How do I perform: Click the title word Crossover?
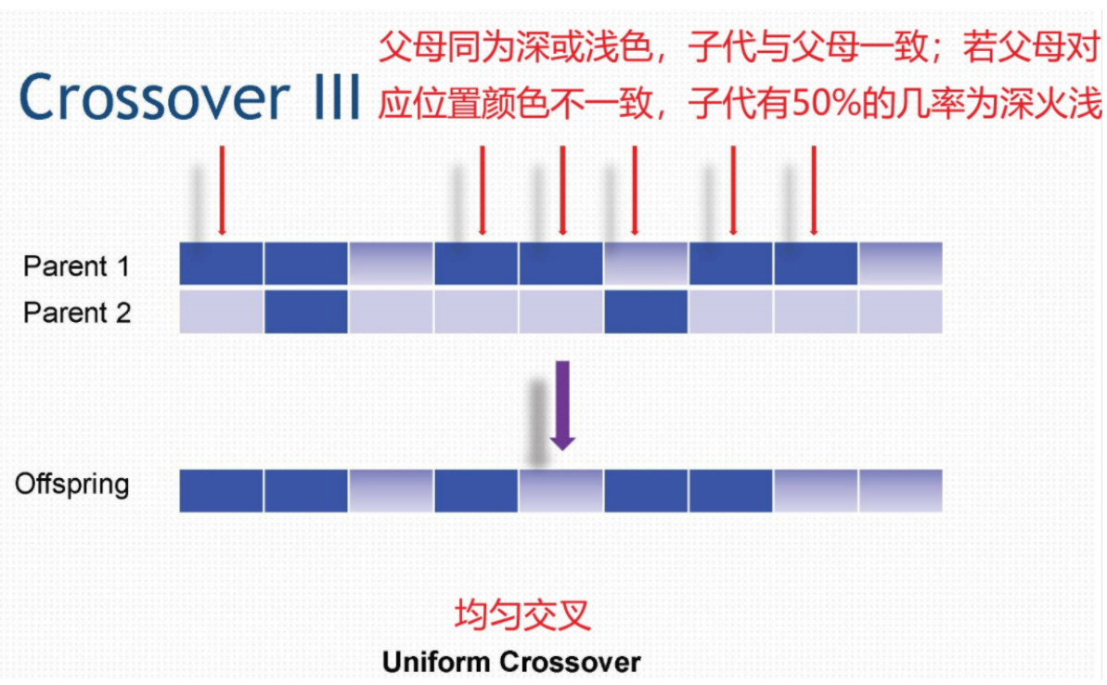[x=154, y=97]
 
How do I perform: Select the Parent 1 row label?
[x=76, y=266]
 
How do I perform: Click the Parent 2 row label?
[x=76, y=312]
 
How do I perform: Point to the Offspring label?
[x=72, y=485]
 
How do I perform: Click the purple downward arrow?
[x=562, y=406]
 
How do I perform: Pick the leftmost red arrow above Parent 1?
[x=222, y=190]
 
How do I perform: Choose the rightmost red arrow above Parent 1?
[x=813, y=190]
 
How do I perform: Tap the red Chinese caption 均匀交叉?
[x=522, y=614]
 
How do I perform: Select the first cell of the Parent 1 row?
[x=221, y=264]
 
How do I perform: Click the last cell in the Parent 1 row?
[x=900, y=264]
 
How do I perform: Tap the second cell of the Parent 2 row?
[x=305, y=312]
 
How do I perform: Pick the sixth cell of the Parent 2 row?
[x=645, y=312]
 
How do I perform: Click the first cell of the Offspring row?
[x=221, y=491]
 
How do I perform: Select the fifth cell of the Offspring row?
[x=560, y=491]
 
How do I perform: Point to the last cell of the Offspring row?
[x=900, y=491]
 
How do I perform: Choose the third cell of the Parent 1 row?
[x=391, y=264]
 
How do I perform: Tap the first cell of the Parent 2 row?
[x=221, y=312]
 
